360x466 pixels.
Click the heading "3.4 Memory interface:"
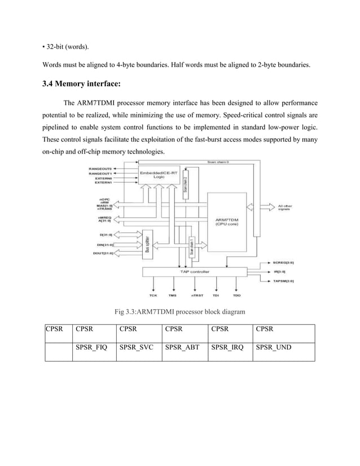82,85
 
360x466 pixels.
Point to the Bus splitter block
148,244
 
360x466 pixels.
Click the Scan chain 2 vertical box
186,187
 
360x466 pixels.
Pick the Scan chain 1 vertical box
193,249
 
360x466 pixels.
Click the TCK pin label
153,295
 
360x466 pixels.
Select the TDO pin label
236,295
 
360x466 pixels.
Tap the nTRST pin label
196,295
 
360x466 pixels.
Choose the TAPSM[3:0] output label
283,280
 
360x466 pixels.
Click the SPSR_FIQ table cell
91,348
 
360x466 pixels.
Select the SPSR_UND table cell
274,348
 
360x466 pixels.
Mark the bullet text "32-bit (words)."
66,45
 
